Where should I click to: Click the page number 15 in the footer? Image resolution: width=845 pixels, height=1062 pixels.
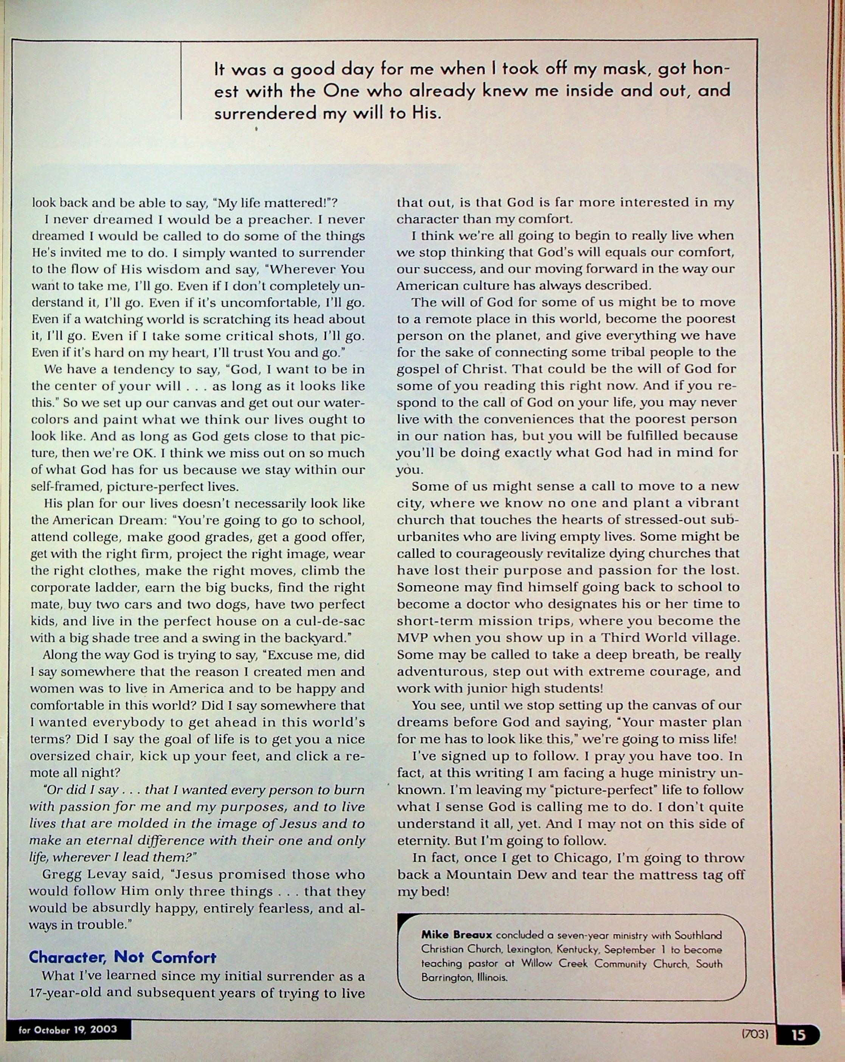(x=798, y=1034)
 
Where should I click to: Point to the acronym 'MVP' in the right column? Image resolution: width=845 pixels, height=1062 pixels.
(x=413, y=637)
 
